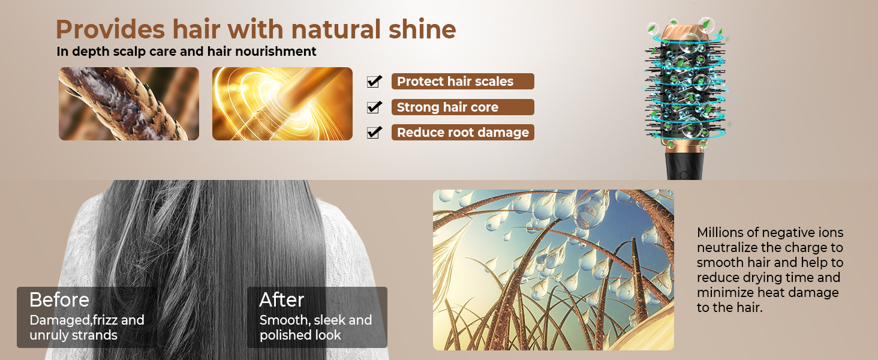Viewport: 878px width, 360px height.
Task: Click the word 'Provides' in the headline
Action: click(x=110, y=29)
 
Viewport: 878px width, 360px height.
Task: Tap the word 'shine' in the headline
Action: click(x=422, y=29)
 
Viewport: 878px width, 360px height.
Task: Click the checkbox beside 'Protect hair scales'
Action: click(x=374, y=81)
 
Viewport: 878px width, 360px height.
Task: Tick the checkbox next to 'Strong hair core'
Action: click(x=374, y=107)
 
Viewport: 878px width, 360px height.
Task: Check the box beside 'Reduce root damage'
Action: click(x=374, y=132)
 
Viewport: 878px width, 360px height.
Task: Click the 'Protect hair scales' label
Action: click(x=462, y=81)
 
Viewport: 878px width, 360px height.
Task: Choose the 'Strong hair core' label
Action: click(x=462, y=107)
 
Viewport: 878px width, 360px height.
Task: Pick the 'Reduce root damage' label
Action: click(x=462, y=133)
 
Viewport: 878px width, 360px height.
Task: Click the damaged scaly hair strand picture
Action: click(x=129, y=104)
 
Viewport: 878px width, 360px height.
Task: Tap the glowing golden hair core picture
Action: click(x=282, y=104)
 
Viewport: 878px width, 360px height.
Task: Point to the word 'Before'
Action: click(x=59, y=300)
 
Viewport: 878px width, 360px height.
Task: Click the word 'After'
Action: click(x=281, y=300)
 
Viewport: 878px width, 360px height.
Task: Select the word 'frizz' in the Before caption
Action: click(x=105, y=320)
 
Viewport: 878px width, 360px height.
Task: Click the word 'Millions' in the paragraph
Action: click(x=720, y=233)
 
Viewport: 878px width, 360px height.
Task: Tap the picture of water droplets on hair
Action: click(x=554, y=270)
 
